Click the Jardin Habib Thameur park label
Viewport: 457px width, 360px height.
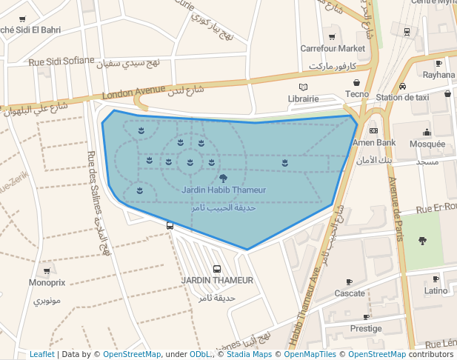pos(223,190)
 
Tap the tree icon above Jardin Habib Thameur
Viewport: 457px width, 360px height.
pos(223,178)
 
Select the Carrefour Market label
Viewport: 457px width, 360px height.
pos(333,48)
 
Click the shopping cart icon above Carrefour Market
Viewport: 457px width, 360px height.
pos(332,36)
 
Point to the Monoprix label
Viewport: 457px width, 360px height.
pos(47,283)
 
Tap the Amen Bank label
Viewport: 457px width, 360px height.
pos(374,142)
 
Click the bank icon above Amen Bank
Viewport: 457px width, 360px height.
pos(373,130)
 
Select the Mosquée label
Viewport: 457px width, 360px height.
pos(427,144)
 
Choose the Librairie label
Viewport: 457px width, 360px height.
pos(303,99)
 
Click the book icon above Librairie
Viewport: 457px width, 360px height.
pos(303,87)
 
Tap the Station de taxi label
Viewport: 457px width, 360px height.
pos(402,97)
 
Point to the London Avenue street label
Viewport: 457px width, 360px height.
pos(133,93)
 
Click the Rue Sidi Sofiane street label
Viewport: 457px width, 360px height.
pos(61,61)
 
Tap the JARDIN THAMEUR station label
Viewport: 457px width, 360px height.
pos(217,281)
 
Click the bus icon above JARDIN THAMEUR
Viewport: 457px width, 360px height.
pos(217,269)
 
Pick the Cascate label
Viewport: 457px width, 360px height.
pos(350,293)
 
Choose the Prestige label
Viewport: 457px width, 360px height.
pos(366,328)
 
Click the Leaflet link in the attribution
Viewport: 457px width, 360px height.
pos(42,355)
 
